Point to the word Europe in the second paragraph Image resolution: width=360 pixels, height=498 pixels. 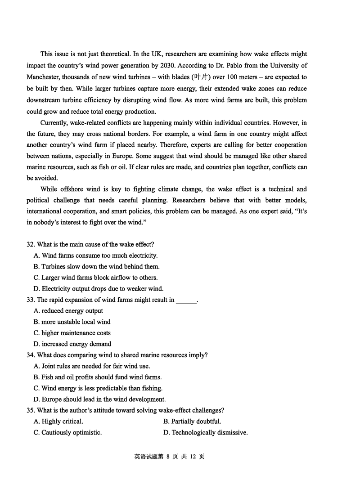(x=126, y=156)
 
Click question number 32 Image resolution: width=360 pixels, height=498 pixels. (x=31, y=244)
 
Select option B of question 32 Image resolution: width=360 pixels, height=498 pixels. (x=96, y=266)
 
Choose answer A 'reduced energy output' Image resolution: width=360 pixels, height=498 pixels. (x=68, y=310)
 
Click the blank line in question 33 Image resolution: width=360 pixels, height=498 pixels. (x=186, y=300)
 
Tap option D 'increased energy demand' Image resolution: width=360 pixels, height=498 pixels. (x=72, y=344)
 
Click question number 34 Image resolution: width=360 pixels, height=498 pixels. (x=31, y=355)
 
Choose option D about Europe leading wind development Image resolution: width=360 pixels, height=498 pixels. (x=99, y=399)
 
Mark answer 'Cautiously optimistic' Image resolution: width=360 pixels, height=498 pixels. (x=67, y=432)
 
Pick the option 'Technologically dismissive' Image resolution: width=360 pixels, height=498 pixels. (x=206, y=432)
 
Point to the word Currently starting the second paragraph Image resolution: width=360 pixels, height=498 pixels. (x=54, y=122)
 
